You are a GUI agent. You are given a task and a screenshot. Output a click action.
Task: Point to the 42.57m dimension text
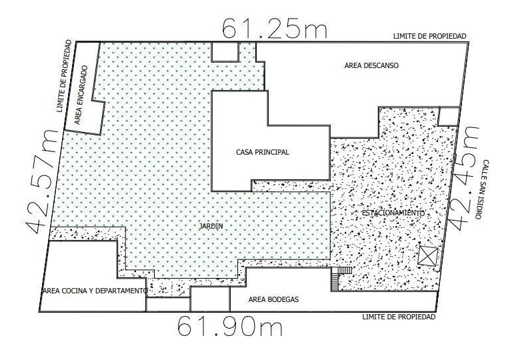click(x=42, y=181)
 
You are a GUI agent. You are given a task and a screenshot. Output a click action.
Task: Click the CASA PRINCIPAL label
click(x=262, y=152)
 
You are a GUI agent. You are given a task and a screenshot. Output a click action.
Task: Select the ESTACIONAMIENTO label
click(x=393, y=213)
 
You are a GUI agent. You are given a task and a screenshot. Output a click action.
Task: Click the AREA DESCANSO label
click(x=371, y=65)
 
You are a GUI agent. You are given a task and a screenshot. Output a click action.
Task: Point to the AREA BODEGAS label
click(x=273, y=300)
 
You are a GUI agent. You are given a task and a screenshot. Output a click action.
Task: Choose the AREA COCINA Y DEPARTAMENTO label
click(x=95, y=291)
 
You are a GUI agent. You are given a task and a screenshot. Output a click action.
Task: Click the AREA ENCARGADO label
click(x=81, y=95)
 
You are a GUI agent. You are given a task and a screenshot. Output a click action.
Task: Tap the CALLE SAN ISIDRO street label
click(x=482, y=189)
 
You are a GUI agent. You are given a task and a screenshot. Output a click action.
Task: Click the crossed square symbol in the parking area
click(x=427, y=256)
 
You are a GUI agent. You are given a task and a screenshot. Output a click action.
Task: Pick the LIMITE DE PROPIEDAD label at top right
click(x=430, y=36)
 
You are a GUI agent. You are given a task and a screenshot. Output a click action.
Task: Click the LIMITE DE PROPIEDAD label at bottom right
click(x=399, y=317)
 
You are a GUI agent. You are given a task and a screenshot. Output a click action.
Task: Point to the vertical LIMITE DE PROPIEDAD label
click(x=64, y=76)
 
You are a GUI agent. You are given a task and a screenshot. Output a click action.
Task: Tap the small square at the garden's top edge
click(x=225, y=52)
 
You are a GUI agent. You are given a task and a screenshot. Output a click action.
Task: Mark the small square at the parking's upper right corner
click(x=449, y=117)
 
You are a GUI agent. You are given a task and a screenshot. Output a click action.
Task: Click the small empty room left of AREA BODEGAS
click(x=210, y=299)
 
